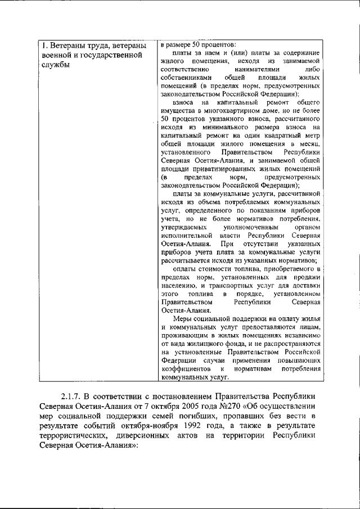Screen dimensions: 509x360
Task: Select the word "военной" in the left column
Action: point(58,56)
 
